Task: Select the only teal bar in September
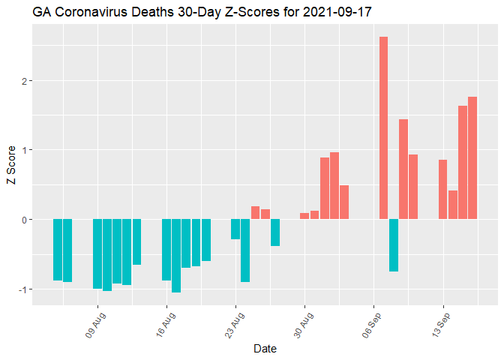393,245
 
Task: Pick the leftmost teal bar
58,250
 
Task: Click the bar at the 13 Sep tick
442,189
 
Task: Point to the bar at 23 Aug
235,229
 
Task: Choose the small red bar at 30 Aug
304,216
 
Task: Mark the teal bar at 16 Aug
166,250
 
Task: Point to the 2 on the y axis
25,81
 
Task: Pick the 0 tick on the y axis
25,220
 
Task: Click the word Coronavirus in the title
89,13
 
